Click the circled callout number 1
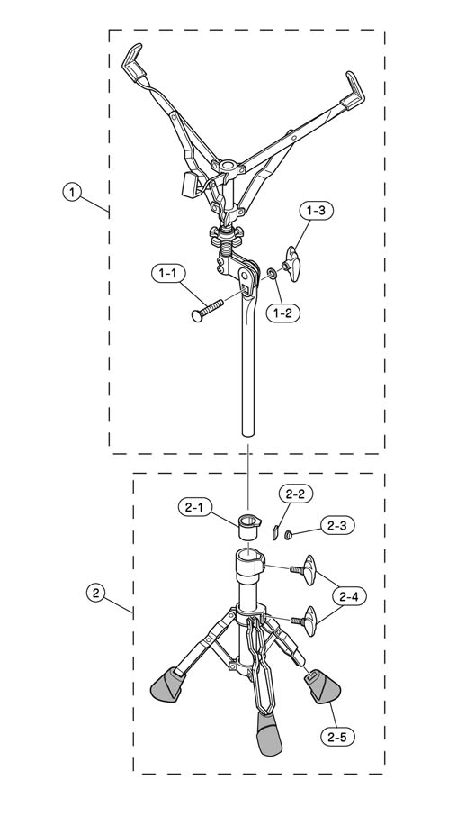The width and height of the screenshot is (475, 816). click(x=72, y=192)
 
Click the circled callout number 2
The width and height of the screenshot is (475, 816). click(x=95, y=593)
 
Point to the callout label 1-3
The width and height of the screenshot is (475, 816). click(x=317, y=212)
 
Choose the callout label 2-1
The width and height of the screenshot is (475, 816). click(x=194, y=507)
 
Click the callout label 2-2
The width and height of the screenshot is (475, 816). click(x=296, y=494)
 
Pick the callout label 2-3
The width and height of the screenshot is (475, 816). click(x=337, y=526)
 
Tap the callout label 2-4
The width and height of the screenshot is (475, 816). click(x=350, y=596)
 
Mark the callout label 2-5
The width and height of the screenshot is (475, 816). click(x=339, y=737)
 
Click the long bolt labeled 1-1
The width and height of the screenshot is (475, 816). click(x=206, y=310)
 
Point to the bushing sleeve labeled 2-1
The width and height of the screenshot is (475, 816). click(x=250, y=527)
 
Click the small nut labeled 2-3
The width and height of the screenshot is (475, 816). click(x=288, y=533)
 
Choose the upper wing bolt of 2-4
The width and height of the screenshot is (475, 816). click(x=305, y=570)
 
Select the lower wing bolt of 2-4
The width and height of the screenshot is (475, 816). click(x=305, y=621)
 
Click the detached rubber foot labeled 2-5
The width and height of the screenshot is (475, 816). click(x=323, y=687)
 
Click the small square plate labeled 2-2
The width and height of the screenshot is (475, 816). click(x=276, y=532)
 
